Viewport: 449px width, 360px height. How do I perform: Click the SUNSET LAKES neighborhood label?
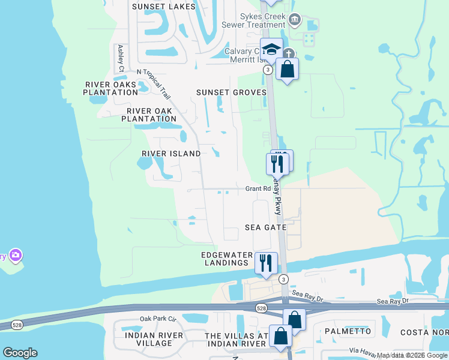tap(163, 7)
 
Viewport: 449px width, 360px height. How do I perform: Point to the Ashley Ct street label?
tap(121, 58)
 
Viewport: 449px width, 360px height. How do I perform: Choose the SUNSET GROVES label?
tap(231, 92)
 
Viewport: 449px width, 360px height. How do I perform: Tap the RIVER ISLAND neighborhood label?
tap(171, 154)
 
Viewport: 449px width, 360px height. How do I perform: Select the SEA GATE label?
tap(265, 228)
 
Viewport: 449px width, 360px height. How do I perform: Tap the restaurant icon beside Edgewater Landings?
tap(266, 262)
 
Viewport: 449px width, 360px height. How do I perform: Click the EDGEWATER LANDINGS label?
tap(225, 259)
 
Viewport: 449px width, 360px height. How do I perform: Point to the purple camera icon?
tap(16, 256)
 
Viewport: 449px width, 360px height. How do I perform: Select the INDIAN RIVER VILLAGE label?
tap(149, 339)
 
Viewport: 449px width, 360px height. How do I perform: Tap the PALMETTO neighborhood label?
tap(348, 331)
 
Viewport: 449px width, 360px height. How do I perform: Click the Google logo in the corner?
tap(20, 353)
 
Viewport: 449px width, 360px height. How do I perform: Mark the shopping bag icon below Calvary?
tap(288, 69)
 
